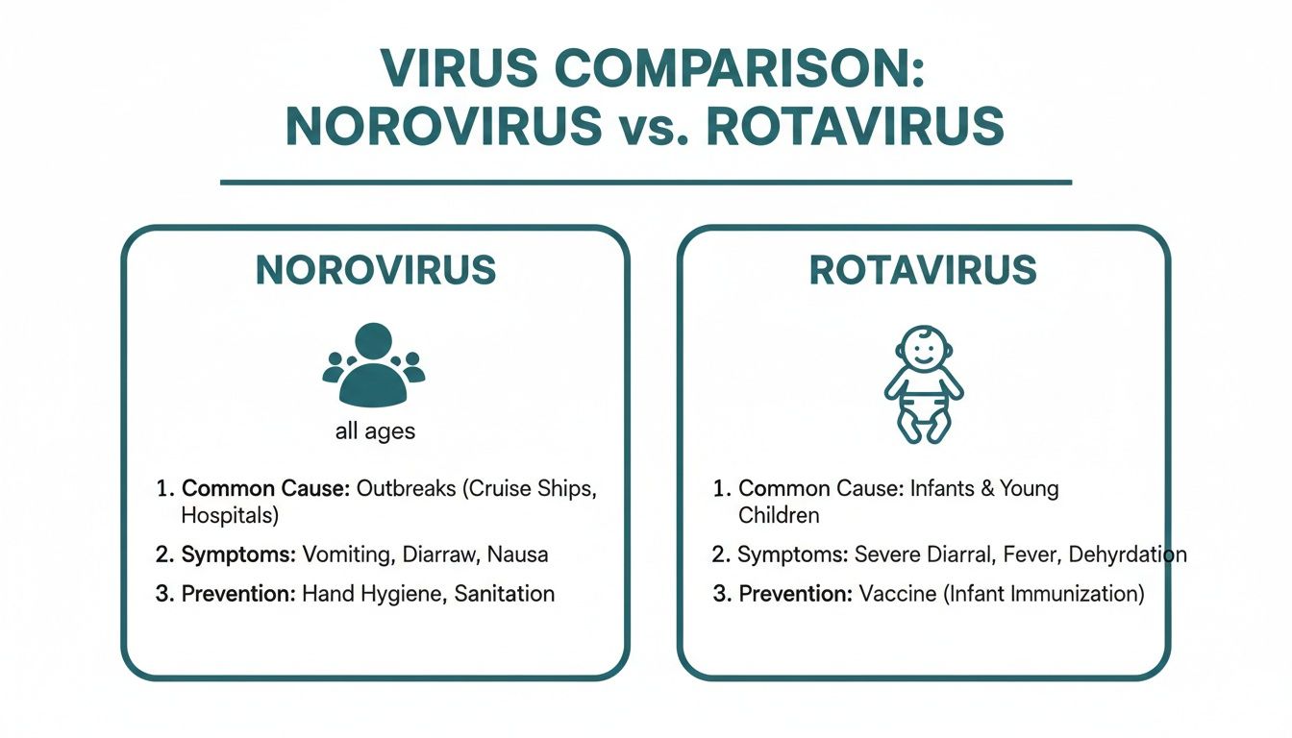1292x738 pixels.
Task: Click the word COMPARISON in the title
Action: click(739, 68)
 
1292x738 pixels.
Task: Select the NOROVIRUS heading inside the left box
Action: click(376, 270)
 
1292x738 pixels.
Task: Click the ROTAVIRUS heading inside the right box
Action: click(923, 270)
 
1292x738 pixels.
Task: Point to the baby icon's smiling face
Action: click(924, 350)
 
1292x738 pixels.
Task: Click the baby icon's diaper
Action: click(924, 408)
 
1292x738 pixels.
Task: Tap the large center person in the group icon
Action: click(374, 365)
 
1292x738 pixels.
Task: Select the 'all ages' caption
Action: click(375, 431)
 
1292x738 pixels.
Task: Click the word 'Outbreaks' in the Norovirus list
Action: click(406, 488)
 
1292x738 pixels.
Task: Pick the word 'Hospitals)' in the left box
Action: click(230, 515)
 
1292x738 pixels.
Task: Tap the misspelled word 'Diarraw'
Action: click(439, 554)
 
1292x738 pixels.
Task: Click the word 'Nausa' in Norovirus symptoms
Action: click(517, 554)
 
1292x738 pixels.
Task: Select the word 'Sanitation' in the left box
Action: click(504, 594)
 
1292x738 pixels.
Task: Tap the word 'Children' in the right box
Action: click(779, 515)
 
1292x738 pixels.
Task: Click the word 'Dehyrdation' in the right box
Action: click(1128, 554)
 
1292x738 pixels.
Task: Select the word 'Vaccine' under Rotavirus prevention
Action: click(898, 594)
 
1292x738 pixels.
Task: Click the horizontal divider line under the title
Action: click(646, 183)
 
